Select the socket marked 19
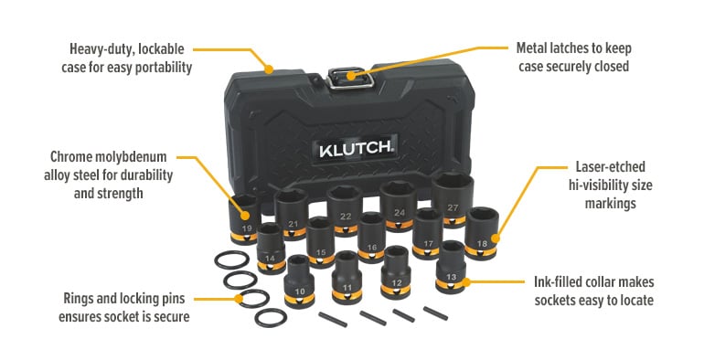click(x=244, y=217)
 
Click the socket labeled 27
click(x=453, y=197)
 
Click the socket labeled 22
click(x=343, y=207)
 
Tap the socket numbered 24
click(x=399, y=204)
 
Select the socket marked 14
click(x=270, y=249)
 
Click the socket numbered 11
click(x=347, y=277)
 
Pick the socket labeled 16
click(x=370, y=237)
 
